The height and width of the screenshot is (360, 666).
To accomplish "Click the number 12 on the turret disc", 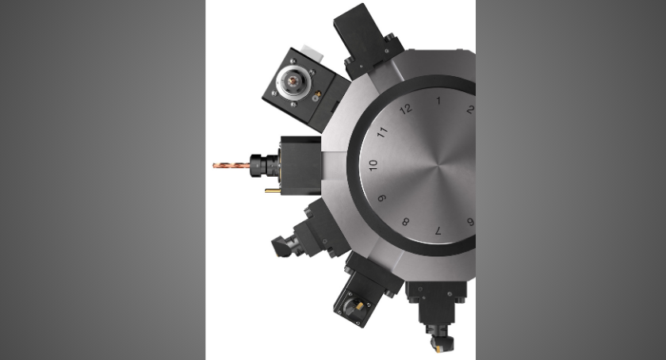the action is coord(406,109).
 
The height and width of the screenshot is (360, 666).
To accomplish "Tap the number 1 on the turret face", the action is coord(438,101).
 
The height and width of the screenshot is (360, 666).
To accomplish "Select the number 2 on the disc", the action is coord(469,109).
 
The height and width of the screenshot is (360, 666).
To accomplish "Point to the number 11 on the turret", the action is coord(383,132).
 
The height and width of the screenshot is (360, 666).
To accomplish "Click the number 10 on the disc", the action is coord(373,165).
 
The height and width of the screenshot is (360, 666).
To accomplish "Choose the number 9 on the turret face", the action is coord(382,198).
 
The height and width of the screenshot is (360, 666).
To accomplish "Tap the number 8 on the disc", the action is coord(406,222).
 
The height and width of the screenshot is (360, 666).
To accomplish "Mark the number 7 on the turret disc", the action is coord(438,231).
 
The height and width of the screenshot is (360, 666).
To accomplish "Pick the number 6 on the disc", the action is coord(470,222).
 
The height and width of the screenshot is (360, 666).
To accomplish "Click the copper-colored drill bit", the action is coord(232,164).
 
